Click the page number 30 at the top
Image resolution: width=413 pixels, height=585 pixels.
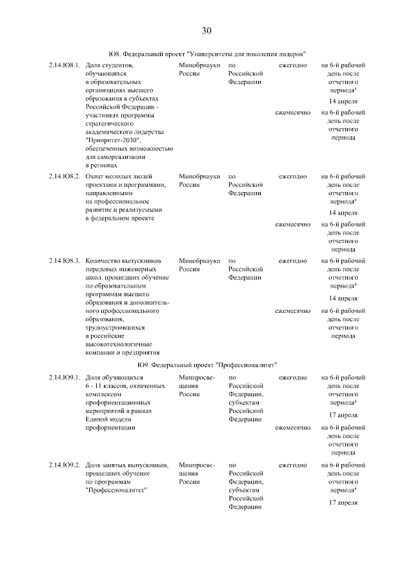(x=206, y=30)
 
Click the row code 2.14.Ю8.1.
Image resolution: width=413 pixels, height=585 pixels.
(x=64, y=66)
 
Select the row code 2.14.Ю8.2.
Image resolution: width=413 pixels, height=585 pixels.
(x=64, y=176)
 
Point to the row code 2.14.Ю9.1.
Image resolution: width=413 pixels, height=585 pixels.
(x=64, y=378)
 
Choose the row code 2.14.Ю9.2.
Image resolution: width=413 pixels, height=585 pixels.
(x=64, y=465)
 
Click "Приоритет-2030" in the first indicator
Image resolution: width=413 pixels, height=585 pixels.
(x=112, y=141)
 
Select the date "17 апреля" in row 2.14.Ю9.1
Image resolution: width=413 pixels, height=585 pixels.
(x=343, y=415)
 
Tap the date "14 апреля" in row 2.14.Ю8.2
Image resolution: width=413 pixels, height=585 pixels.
(x=343, y=213)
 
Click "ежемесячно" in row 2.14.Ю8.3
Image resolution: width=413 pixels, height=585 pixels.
(x=292, y=311)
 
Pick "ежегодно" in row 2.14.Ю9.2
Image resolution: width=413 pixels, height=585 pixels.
(x=292, y=465)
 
